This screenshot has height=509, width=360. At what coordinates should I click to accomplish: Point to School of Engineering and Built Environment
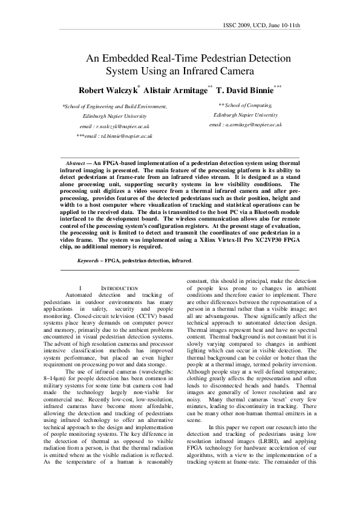click(x=114, y=106)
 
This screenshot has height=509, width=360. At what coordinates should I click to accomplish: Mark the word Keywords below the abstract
click(x=89, y=261)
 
